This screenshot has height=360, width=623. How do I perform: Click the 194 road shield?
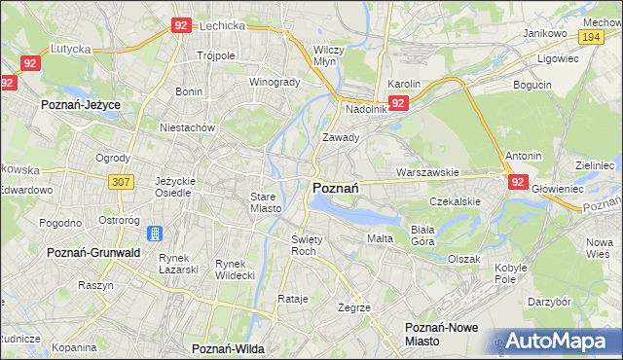[590, 36]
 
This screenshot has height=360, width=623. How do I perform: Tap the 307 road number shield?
[121, 181]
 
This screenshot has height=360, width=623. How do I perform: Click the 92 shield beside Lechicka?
[181, 26]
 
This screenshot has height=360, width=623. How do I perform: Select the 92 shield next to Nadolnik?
[398, 103]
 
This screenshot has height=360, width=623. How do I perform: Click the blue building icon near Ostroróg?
[154, 234]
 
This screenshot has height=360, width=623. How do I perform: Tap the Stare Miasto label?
[265, 202]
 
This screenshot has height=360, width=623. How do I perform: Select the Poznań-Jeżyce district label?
[79, 102]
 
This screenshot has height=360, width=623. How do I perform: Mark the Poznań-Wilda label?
[230, 347]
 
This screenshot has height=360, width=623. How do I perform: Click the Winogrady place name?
[275, 82]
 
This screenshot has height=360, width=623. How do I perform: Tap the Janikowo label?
[545, 32]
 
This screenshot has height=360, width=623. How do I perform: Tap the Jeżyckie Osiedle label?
[176, 187]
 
